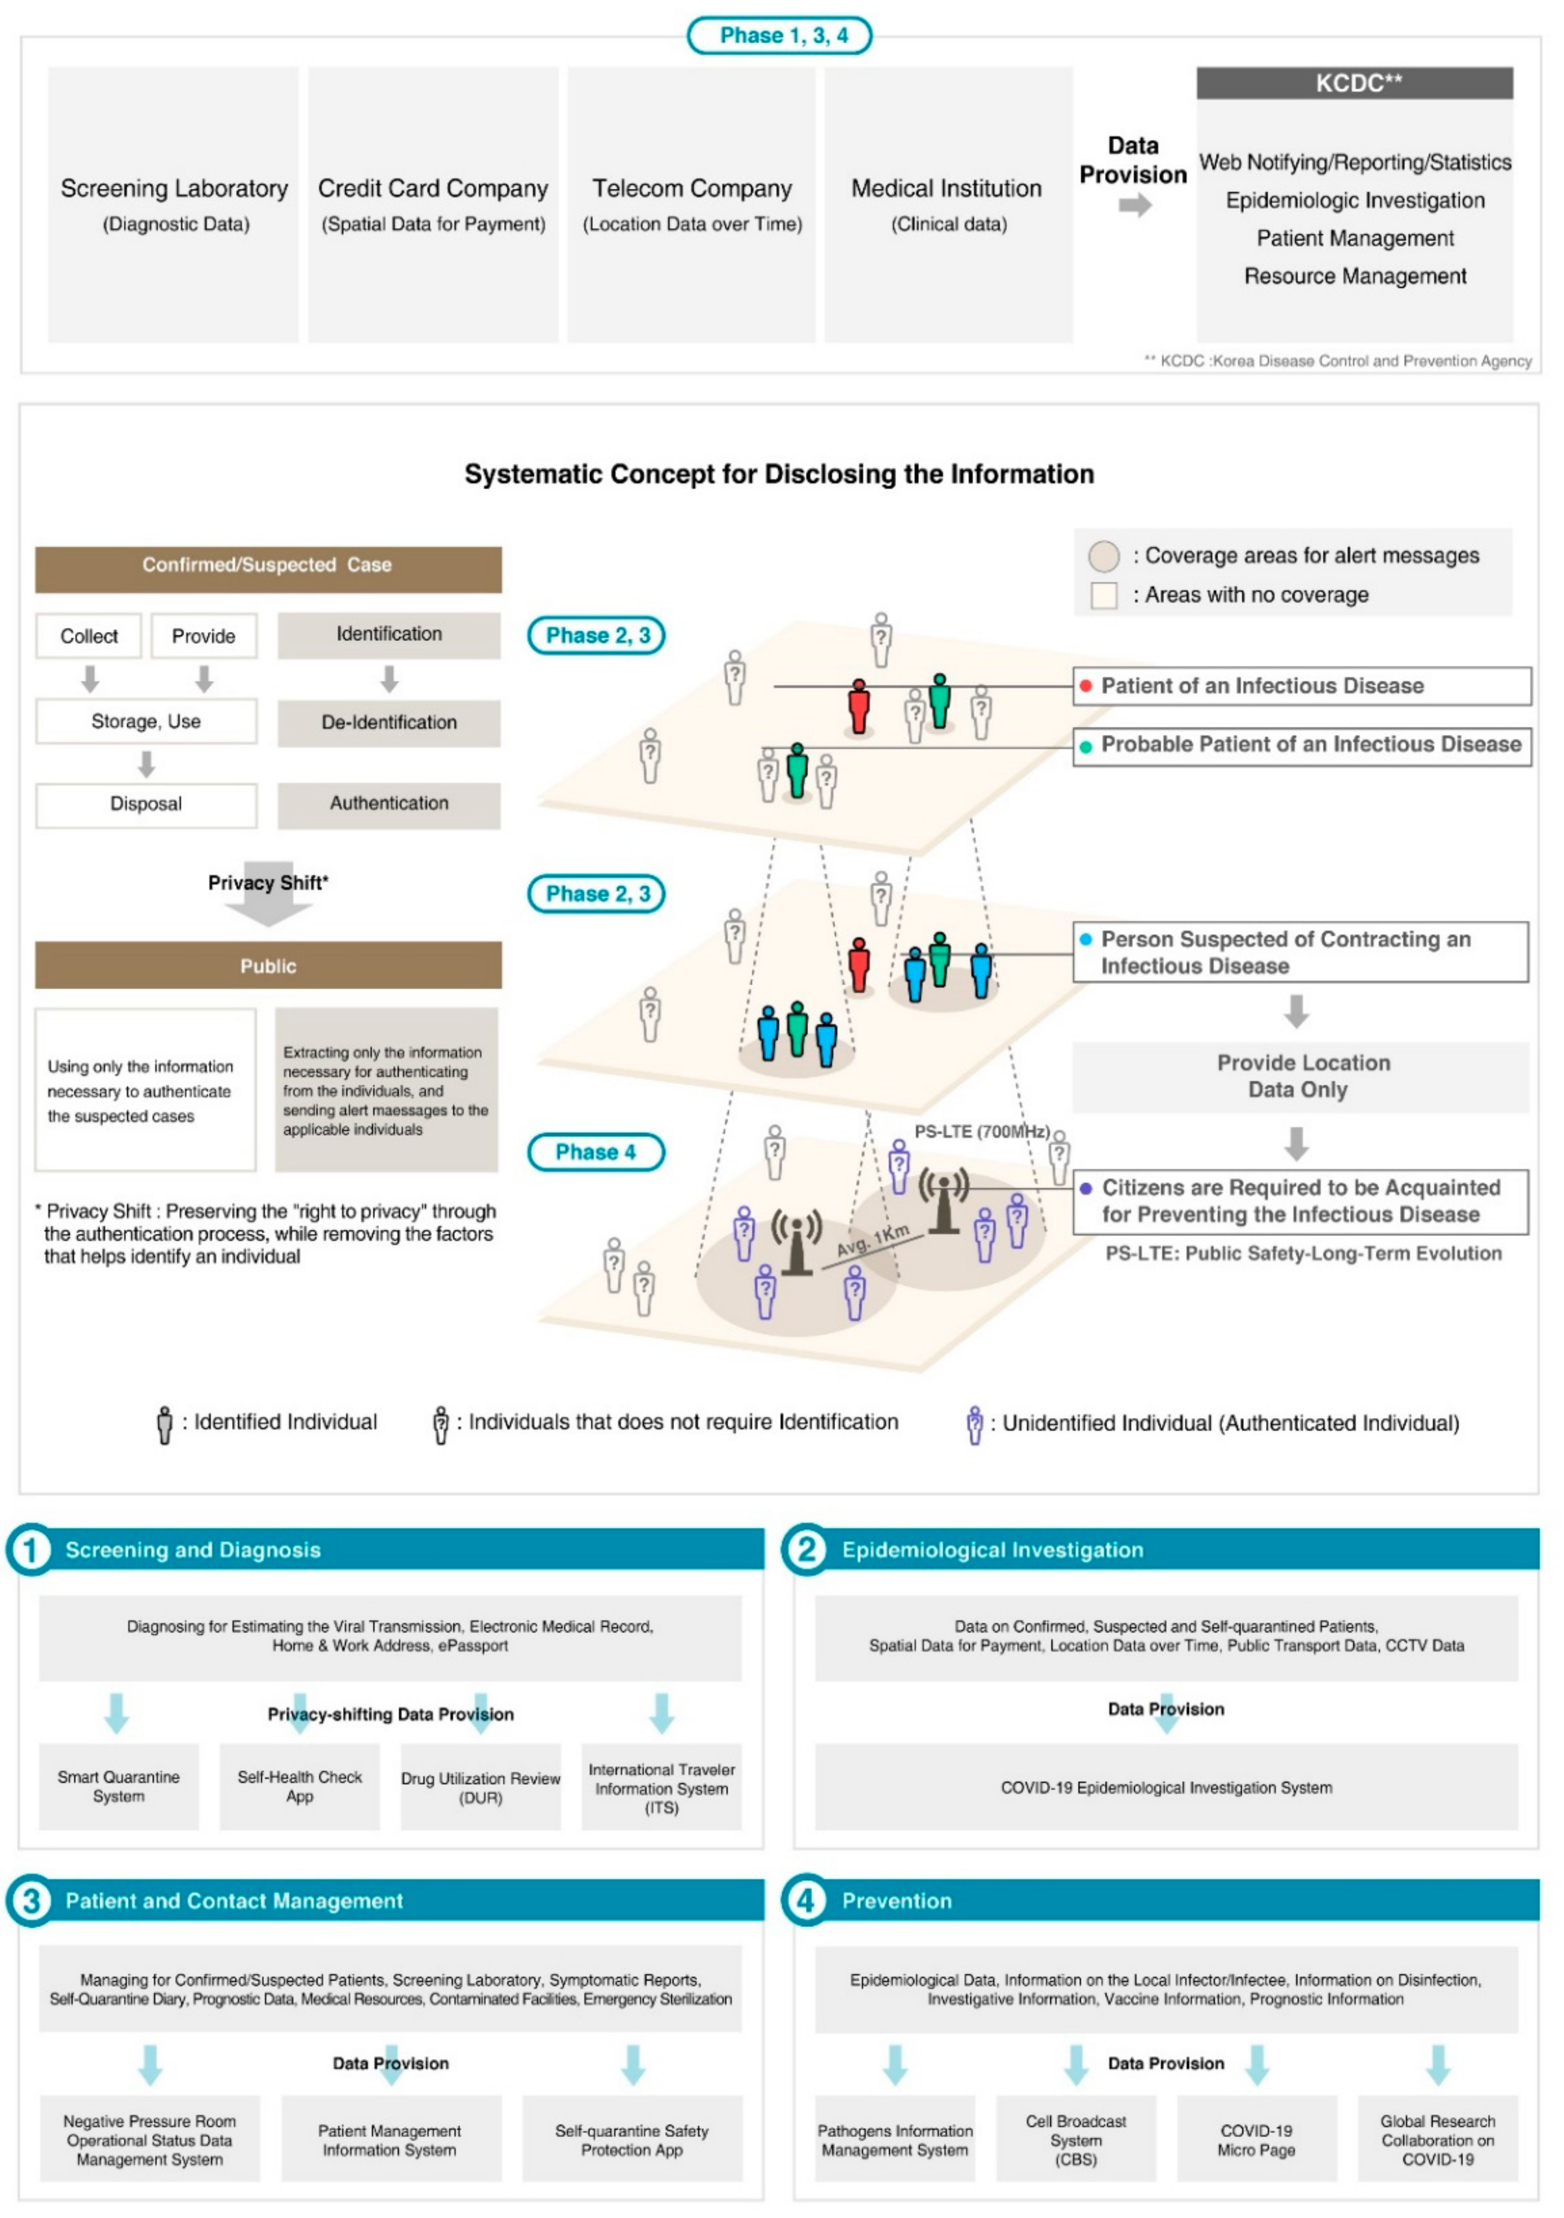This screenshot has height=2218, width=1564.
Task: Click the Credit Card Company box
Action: tap(433, 205)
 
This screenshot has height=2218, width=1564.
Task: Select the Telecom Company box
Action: tap(692, 205)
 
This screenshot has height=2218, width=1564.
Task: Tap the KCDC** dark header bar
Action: tap(1354, 83)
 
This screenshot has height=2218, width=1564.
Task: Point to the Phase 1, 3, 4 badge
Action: tap(780, 36)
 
